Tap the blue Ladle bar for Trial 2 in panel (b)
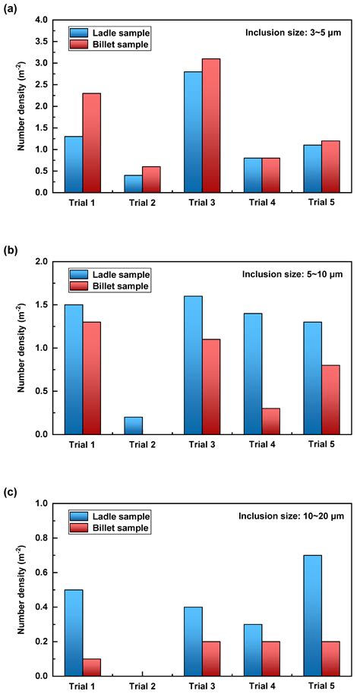pos(134,425)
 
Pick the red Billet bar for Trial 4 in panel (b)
pos(270,421)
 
